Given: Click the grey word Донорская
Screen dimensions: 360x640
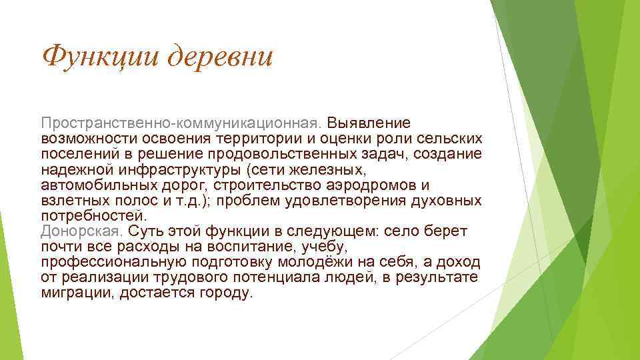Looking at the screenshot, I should click(81, 231).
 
